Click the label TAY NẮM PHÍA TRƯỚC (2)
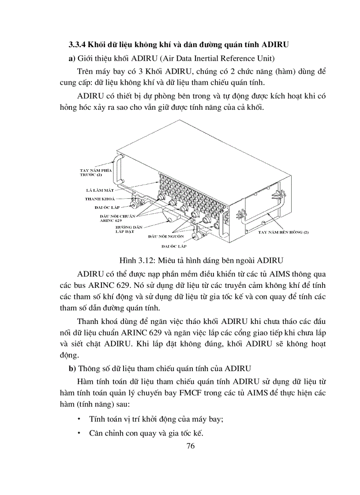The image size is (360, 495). coord(94,172)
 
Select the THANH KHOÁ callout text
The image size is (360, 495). coord(100,199)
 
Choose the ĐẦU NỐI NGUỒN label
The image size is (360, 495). coord(165,237)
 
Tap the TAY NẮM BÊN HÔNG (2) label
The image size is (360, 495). coord(283,232)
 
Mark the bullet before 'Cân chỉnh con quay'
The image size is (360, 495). coord(79,433)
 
